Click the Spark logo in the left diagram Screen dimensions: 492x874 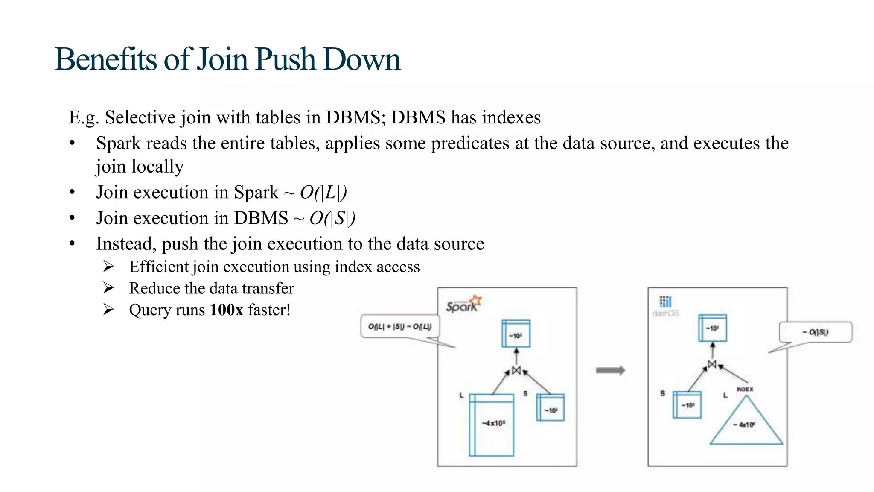click(x=463, y=304)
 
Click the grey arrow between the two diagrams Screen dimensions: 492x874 click(x=610, y=370)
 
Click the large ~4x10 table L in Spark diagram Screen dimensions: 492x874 click(x=492, y=425)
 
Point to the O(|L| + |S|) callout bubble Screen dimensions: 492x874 click(x=400, y=327)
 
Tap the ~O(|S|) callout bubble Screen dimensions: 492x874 click(x=816, y=332)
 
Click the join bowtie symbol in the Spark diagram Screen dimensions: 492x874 click(x=516, y=371)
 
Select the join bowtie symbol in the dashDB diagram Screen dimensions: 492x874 click(x=712, y=364)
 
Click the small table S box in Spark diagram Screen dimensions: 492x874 click(x=551, y=407)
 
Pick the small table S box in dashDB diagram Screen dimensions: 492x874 click(x=687, y=404)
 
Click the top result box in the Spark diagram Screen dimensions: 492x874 click(x=516, y=334)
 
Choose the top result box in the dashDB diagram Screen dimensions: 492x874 click(x=712, y=328)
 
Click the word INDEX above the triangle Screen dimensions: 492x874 click(x=745, y=389)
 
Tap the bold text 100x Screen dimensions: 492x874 click(x=226, y=310)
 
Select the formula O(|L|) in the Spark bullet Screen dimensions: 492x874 click(x=323, y=192)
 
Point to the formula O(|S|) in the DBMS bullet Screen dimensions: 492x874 click(x=332, y=218)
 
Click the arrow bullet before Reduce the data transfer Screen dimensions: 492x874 click(x=108, y=288)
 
